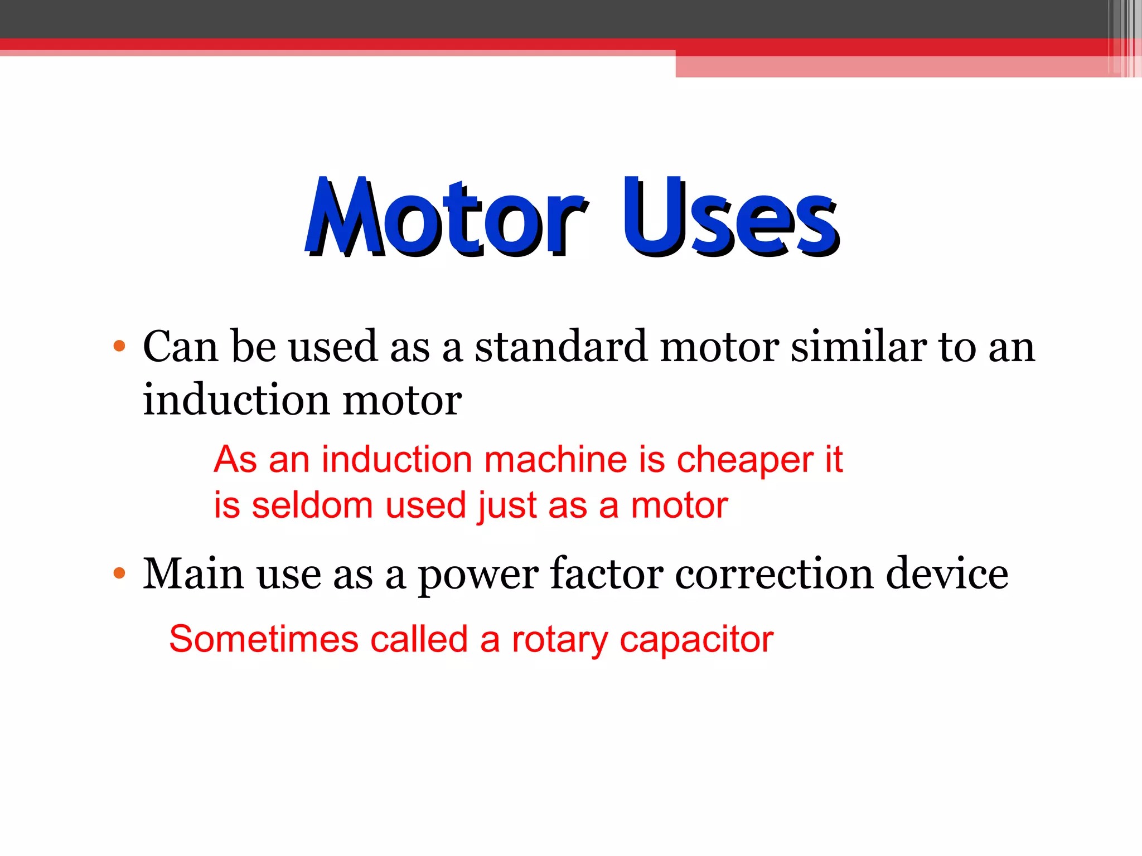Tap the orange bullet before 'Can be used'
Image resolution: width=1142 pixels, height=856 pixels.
pyautogui.click(x=119, y=346)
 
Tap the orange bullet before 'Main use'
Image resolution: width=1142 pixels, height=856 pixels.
pyautogui.click(x=119, y=573)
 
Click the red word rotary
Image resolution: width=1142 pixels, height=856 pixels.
pyautogui.click(x=559, y=640)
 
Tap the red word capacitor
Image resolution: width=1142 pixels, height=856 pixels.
pyautogui.click(x=696, y=640)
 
